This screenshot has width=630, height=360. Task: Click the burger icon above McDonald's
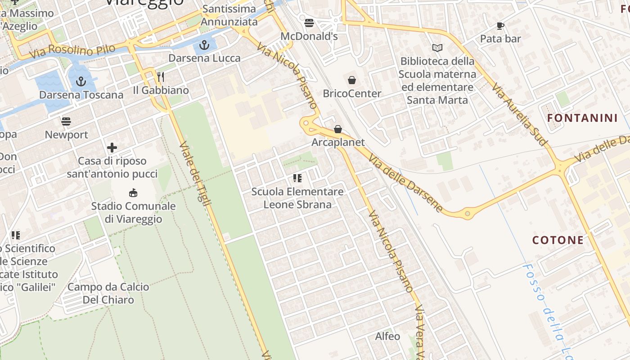coord(309,22)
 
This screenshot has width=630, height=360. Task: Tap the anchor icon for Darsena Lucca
coord(204,45)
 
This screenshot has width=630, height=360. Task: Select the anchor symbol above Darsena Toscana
coord(81,81)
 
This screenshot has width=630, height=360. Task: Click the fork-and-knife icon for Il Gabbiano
coord(161,77)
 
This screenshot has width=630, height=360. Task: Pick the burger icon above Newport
coord(66,121)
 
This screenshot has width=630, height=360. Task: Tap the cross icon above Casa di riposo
coord(112,148)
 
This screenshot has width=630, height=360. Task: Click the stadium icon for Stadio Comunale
coord(133,193)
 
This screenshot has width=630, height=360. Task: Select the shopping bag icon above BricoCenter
coord(352,80)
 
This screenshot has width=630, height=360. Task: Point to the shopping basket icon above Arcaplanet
coord(338,129)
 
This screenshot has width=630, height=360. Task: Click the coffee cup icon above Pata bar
coord(500,26)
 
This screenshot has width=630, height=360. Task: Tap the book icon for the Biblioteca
coord(437,48)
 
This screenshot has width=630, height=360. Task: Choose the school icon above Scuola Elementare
coord(297,178)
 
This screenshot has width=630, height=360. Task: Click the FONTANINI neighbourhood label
coord(582,118)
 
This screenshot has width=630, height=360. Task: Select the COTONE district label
coord(558,240)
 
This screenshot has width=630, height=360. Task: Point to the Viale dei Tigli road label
coord(195,174)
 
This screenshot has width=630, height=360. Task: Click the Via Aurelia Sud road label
coord(520,113)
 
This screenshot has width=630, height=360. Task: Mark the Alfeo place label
coord(387,336)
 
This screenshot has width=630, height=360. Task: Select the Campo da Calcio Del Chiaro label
coord(108,293)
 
